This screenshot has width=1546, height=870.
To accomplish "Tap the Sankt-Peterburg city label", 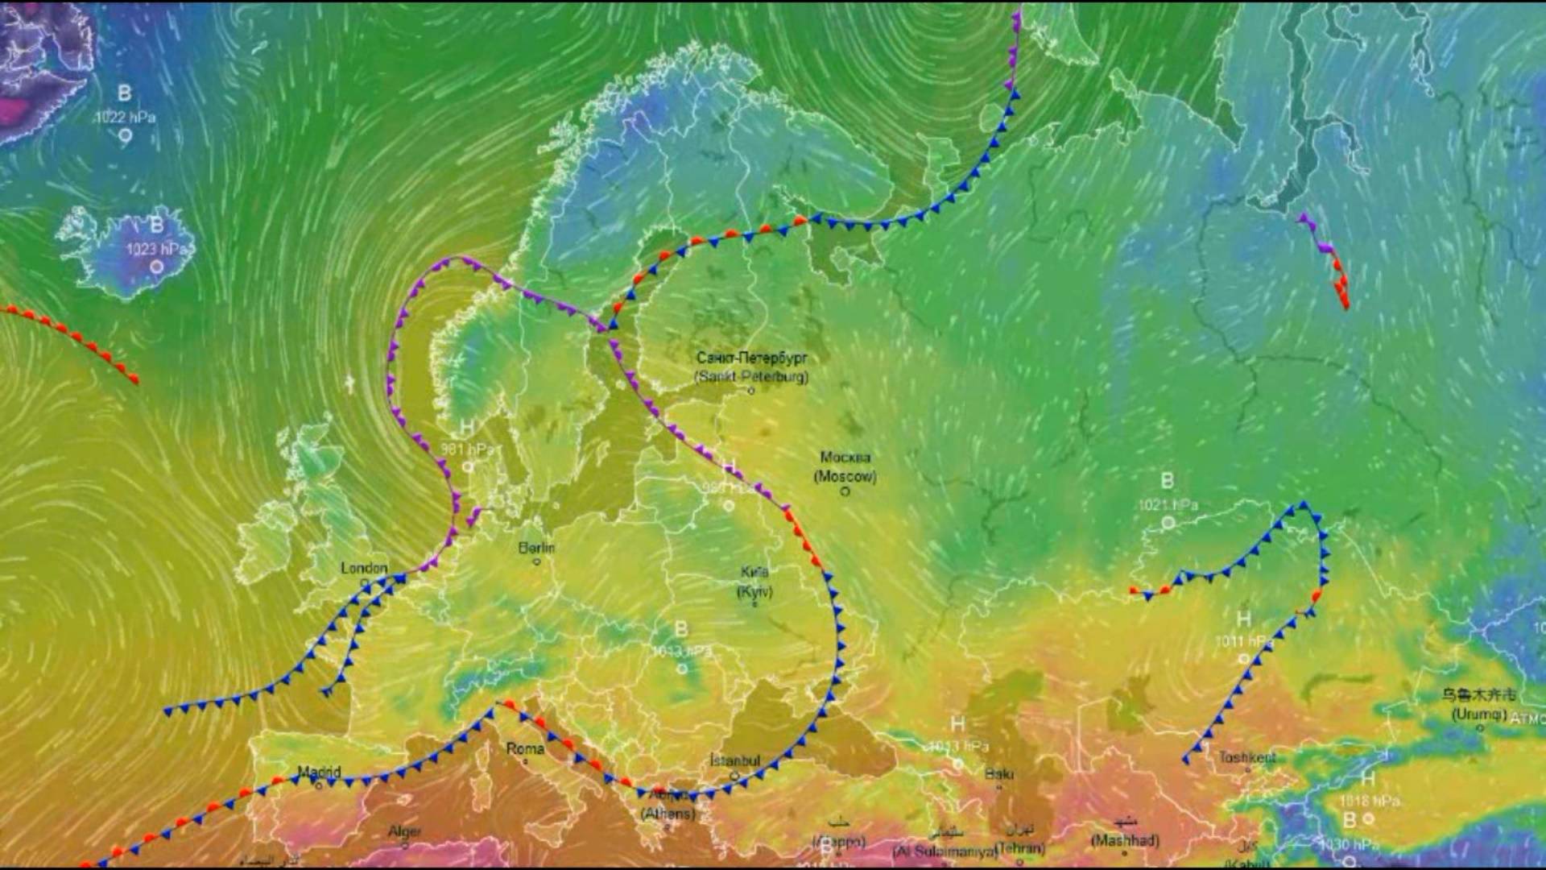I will pos(751,367).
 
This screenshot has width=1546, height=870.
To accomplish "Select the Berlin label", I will pos(536,548).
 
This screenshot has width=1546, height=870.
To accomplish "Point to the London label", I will pos(364,568).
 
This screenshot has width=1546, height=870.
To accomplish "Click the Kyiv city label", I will pos(754,582).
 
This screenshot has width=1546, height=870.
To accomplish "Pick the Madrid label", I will pos(320,772).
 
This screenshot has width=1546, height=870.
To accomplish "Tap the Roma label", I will pos(525,748).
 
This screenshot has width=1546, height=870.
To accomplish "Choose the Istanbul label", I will pos(734,760).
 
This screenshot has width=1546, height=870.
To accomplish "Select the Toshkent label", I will pos(1246,757).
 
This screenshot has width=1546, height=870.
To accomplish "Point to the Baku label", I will pos(998,773).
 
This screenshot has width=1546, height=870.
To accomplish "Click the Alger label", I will pos(405,831).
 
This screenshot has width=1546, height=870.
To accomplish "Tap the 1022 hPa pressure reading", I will pos(125,117).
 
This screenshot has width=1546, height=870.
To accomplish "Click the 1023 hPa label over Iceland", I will pos(156,250).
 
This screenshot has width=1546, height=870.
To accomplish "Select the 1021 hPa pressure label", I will pos(1168,505).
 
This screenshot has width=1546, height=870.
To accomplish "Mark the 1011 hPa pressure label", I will pos(1243,642).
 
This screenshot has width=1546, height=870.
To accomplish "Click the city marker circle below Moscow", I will pos(845,491).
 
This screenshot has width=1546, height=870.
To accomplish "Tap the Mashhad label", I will pos(1125,840).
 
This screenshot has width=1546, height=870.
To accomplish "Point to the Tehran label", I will pos(1019,847).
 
